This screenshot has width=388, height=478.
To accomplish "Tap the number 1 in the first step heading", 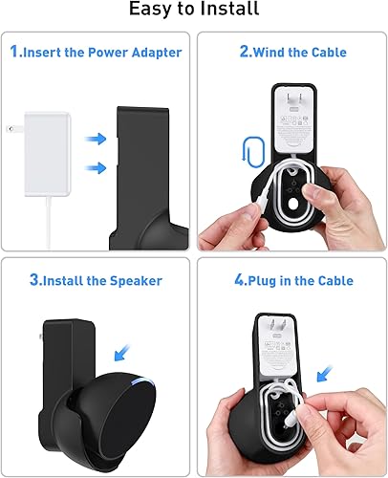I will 15,52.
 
